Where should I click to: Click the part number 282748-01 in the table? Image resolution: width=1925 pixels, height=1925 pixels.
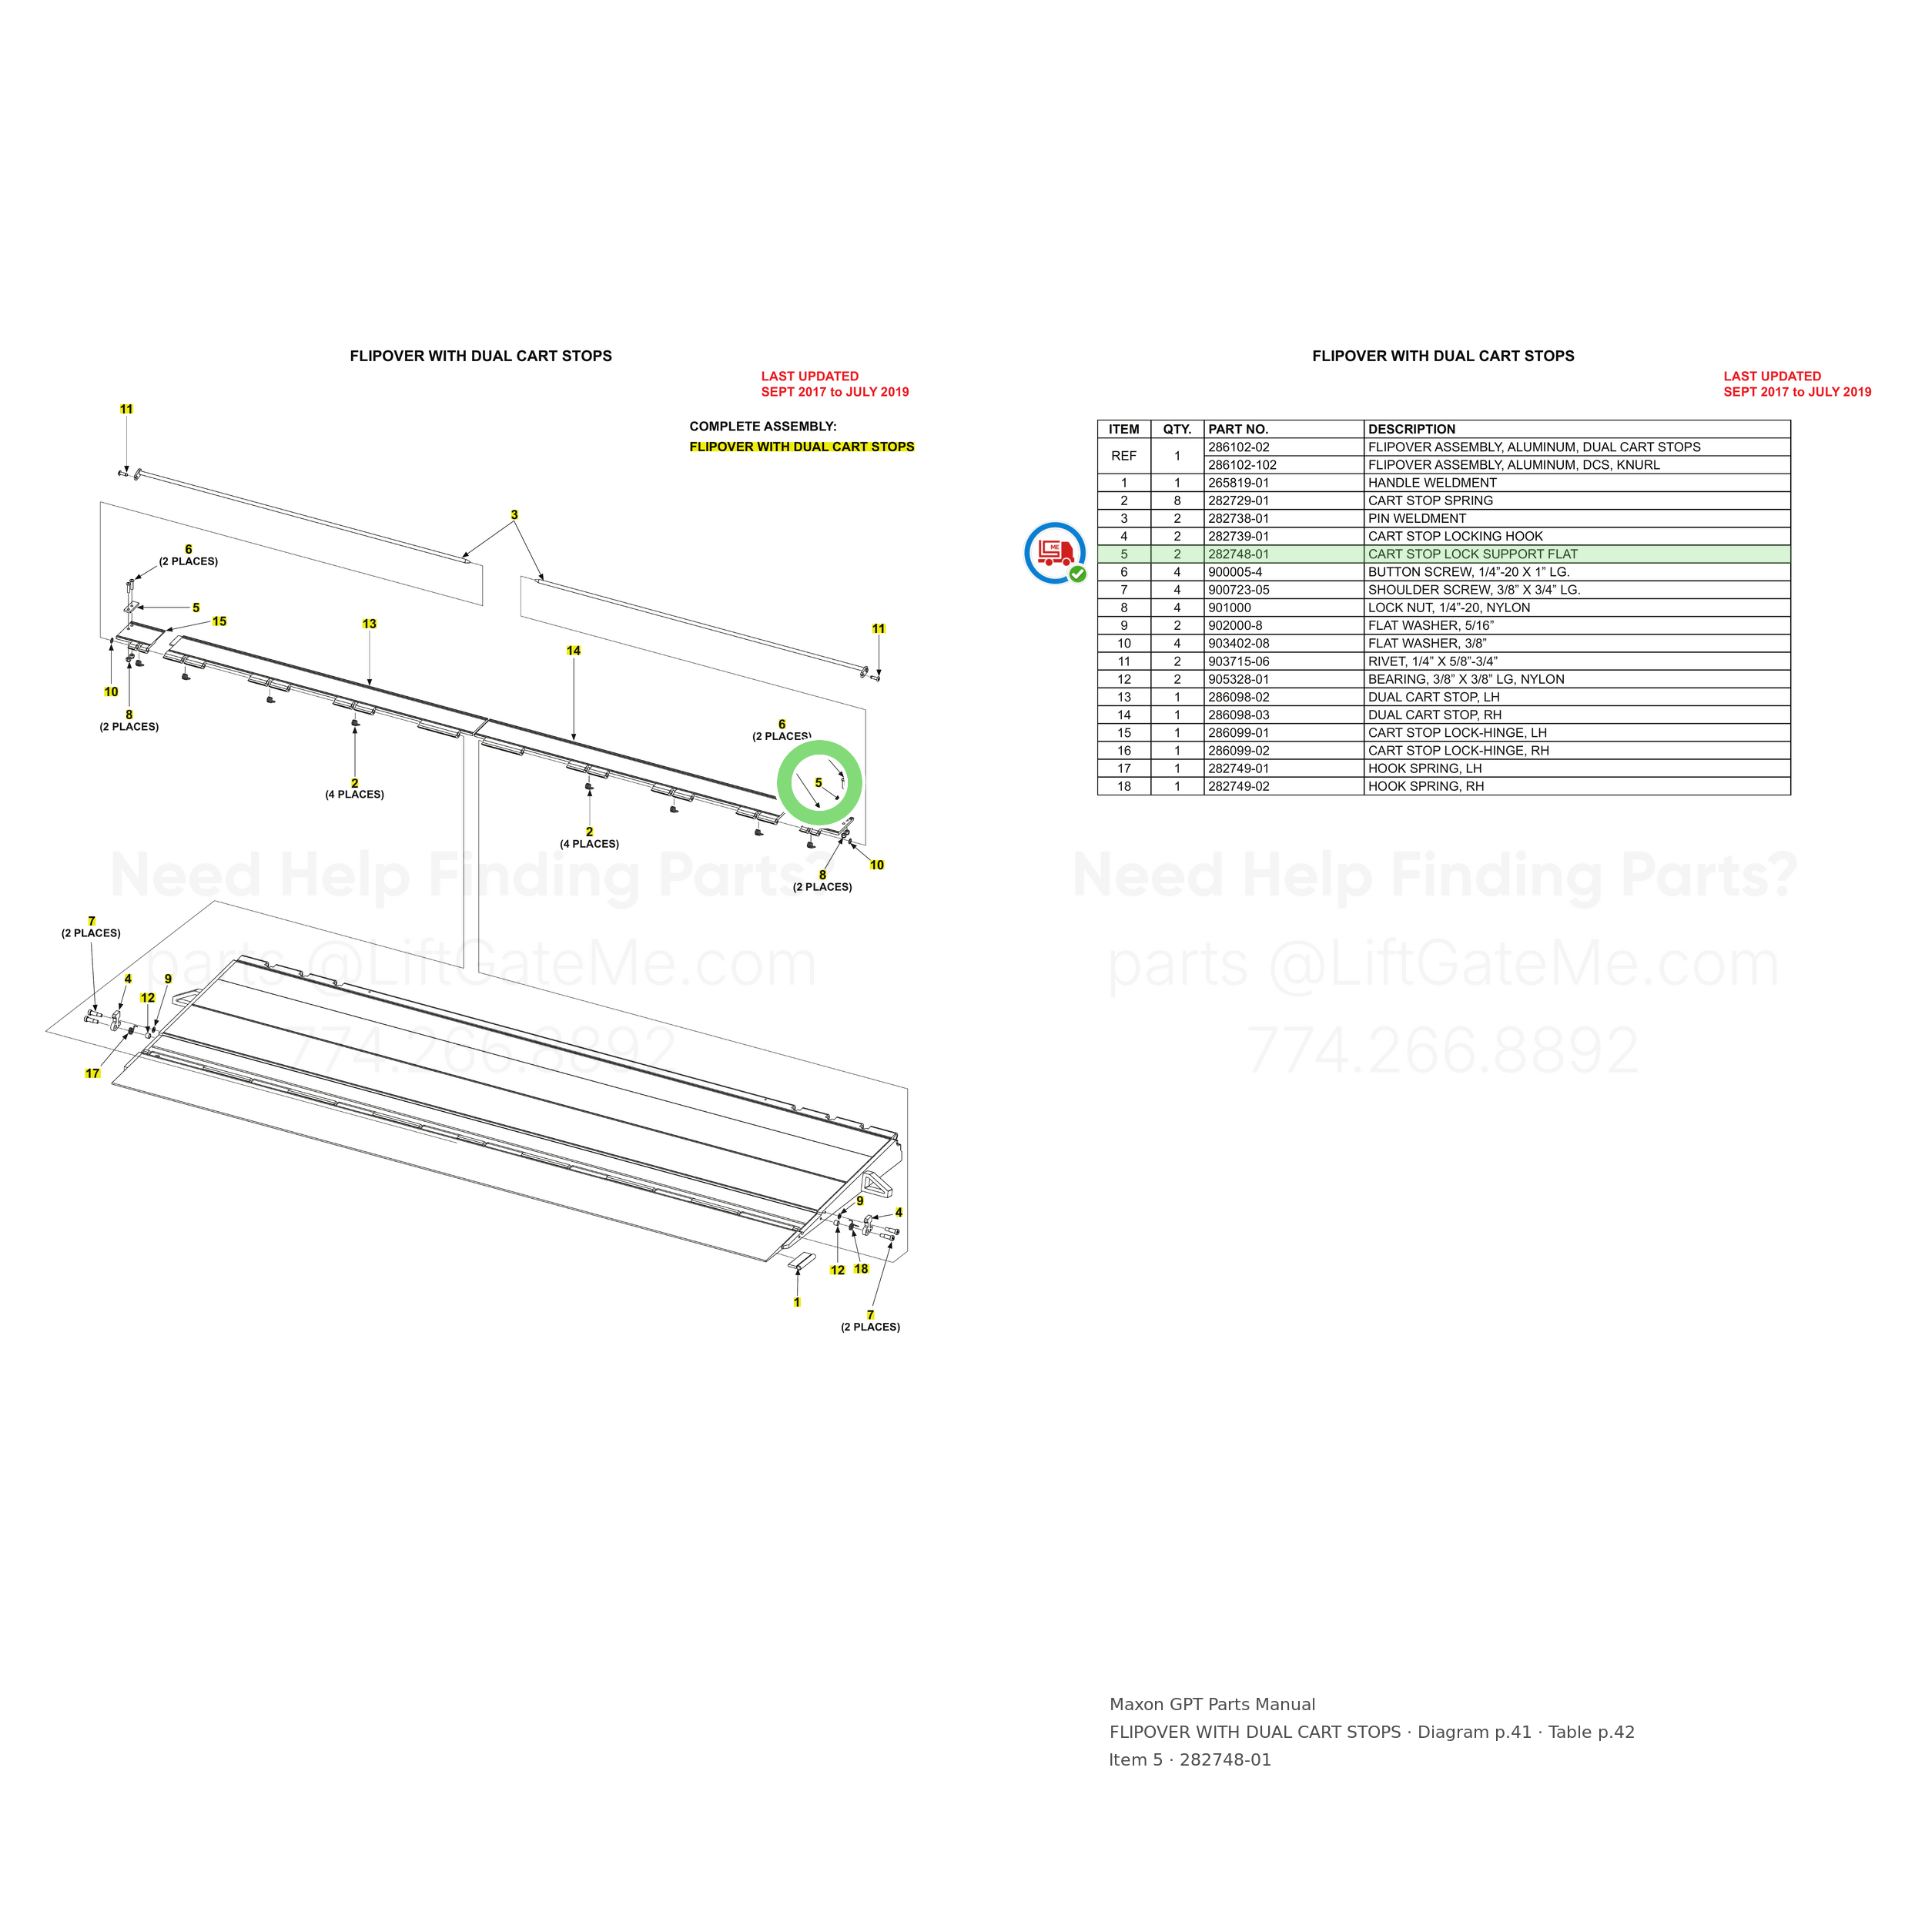pos(1238,554)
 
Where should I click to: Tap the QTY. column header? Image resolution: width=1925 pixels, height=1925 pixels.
pos(1177,430)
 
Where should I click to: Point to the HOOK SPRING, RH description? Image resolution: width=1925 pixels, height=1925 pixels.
pos(1426,786)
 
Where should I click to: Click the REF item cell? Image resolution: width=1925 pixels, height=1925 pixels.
pos(1124,455)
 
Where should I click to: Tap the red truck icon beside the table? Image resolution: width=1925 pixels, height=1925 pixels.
pos(1055,552)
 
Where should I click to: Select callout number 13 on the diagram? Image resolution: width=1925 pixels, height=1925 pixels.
pos(370,624)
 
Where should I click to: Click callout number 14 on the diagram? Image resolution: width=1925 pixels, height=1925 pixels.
pos(574,651)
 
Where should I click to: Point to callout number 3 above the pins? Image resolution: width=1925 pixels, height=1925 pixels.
pos(514,515)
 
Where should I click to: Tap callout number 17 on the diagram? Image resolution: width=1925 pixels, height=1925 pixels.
pos(92,1073)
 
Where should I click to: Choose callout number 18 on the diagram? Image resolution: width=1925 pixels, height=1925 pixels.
pos(861,1268)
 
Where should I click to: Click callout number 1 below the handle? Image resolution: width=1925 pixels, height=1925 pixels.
pos(797,1302)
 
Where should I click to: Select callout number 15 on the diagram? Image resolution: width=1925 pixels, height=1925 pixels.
pos(219,621)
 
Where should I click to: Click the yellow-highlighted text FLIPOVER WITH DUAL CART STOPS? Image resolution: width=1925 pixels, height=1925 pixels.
pos(802,447)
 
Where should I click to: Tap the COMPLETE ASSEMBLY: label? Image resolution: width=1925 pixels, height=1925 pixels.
pos(763,427)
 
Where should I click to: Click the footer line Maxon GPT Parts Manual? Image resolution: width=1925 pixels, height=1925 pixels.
pos(1213,1704)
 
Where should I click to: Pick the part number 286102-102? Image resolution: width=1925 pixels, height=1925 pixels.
pos(1243,465)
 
